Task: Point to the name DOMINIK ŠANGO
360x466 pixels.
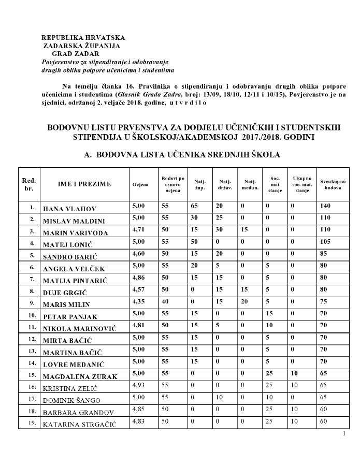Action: click(71, 400)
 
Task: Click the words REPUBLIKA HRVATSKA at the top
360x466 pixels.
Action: click(83, 37)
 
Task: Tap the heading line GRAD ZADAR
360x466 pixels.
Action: click(76, 53)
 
